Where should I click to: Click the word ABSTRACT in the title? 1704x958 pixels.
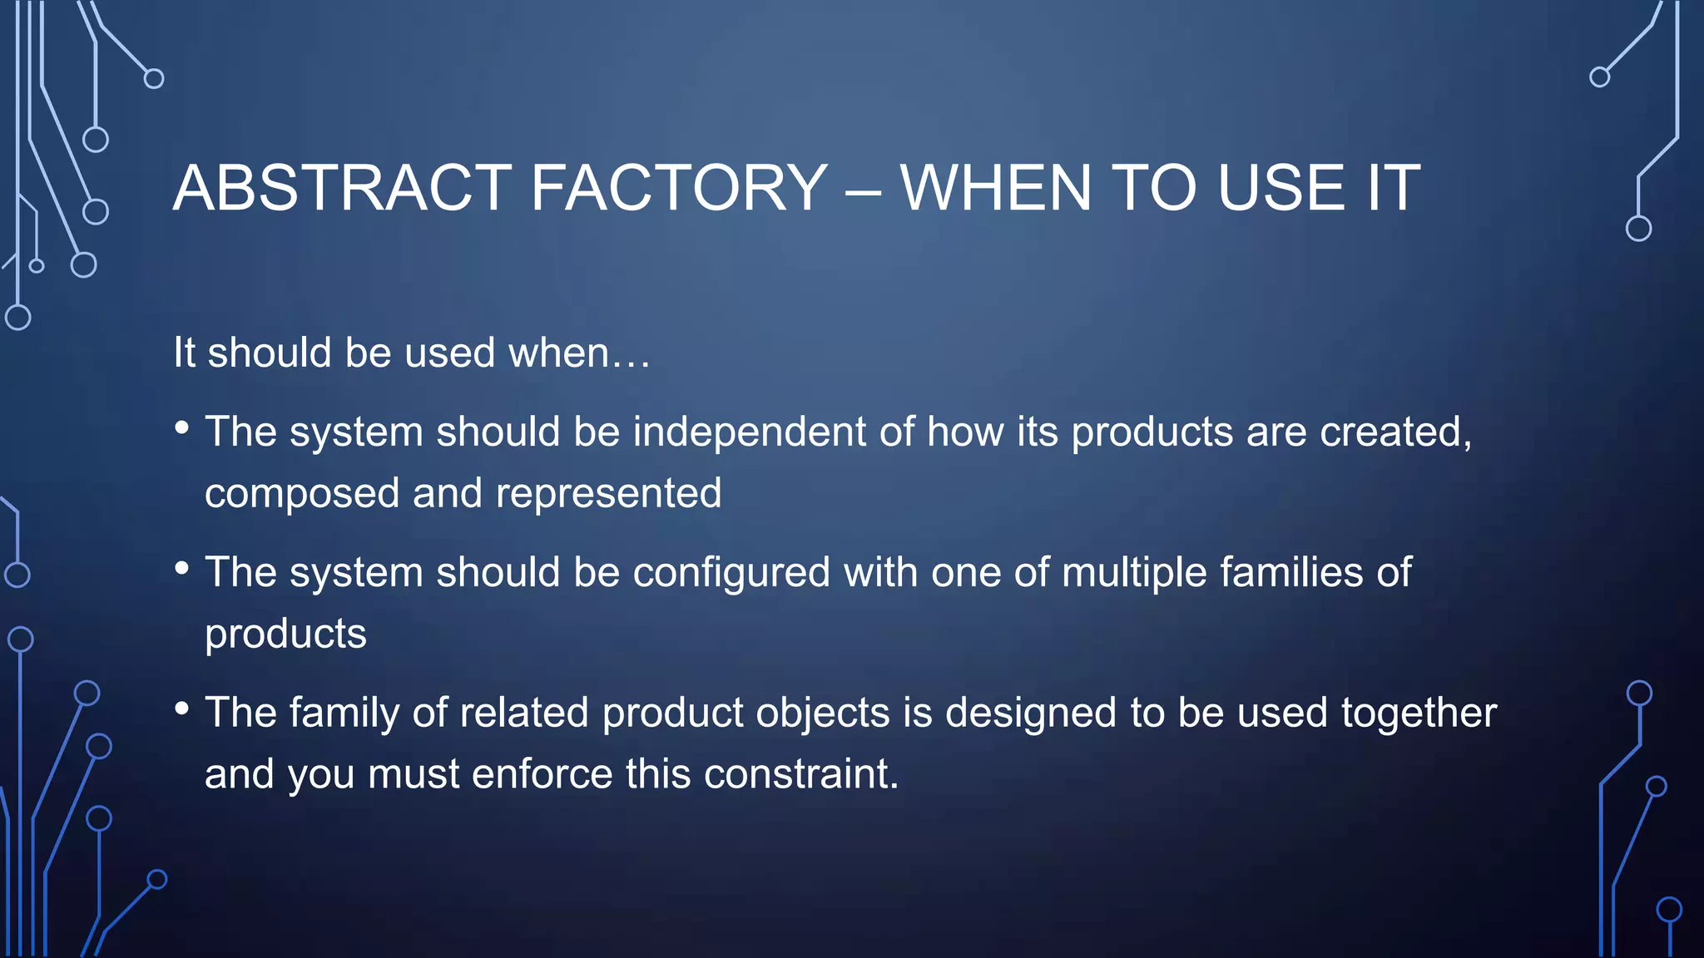(x=342, y=188)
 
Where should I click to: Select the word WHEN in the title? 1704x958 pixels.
(x=995, y=188)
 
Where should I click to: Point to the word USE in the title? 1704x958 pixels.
(x=1281, y=188)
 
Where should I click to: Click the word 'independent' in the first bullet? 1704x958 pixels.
(x=750, y=432)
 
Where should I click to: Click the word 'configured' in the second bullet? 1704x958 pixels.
(x=731, y=574)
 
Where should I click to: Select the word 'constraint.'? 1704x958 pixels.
(x=801, y=775)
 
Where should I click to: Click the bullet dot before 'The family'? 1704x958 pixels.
(x=182, y=709)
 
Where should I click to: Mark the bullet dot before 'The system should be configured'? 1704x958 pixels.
(x=182, y=569)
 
